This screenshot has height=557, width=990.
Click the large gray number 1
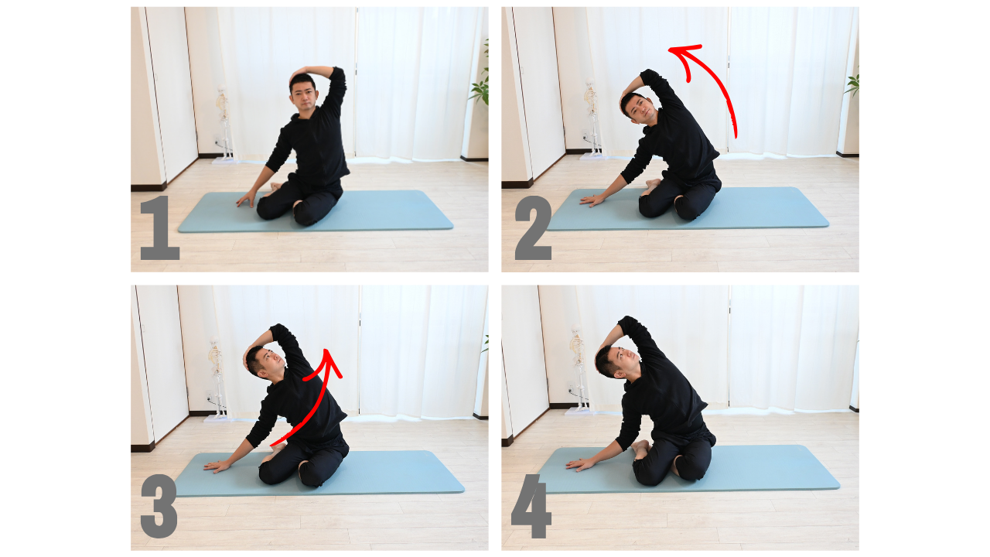pos(160,227)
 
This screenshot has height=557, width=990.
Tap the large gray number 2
pos(534,227)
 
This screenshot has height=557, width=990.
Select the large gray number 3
pos(159,506)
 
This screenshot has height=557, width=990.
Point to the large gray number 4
pos(531,506)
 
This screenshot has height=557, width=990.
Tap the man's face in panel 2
pos(640,110)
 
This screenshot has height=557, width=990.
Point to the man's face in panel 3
pos(268,363)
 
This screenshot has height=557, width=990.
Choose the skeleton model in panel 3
pos(216,378)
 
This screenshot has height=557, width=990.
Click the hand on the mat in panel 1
pos(245,200)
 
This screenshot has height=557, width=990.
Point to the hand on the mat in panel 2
pos(592,200)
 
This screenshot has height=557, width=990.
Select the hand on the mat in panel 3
pos(217,466)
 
